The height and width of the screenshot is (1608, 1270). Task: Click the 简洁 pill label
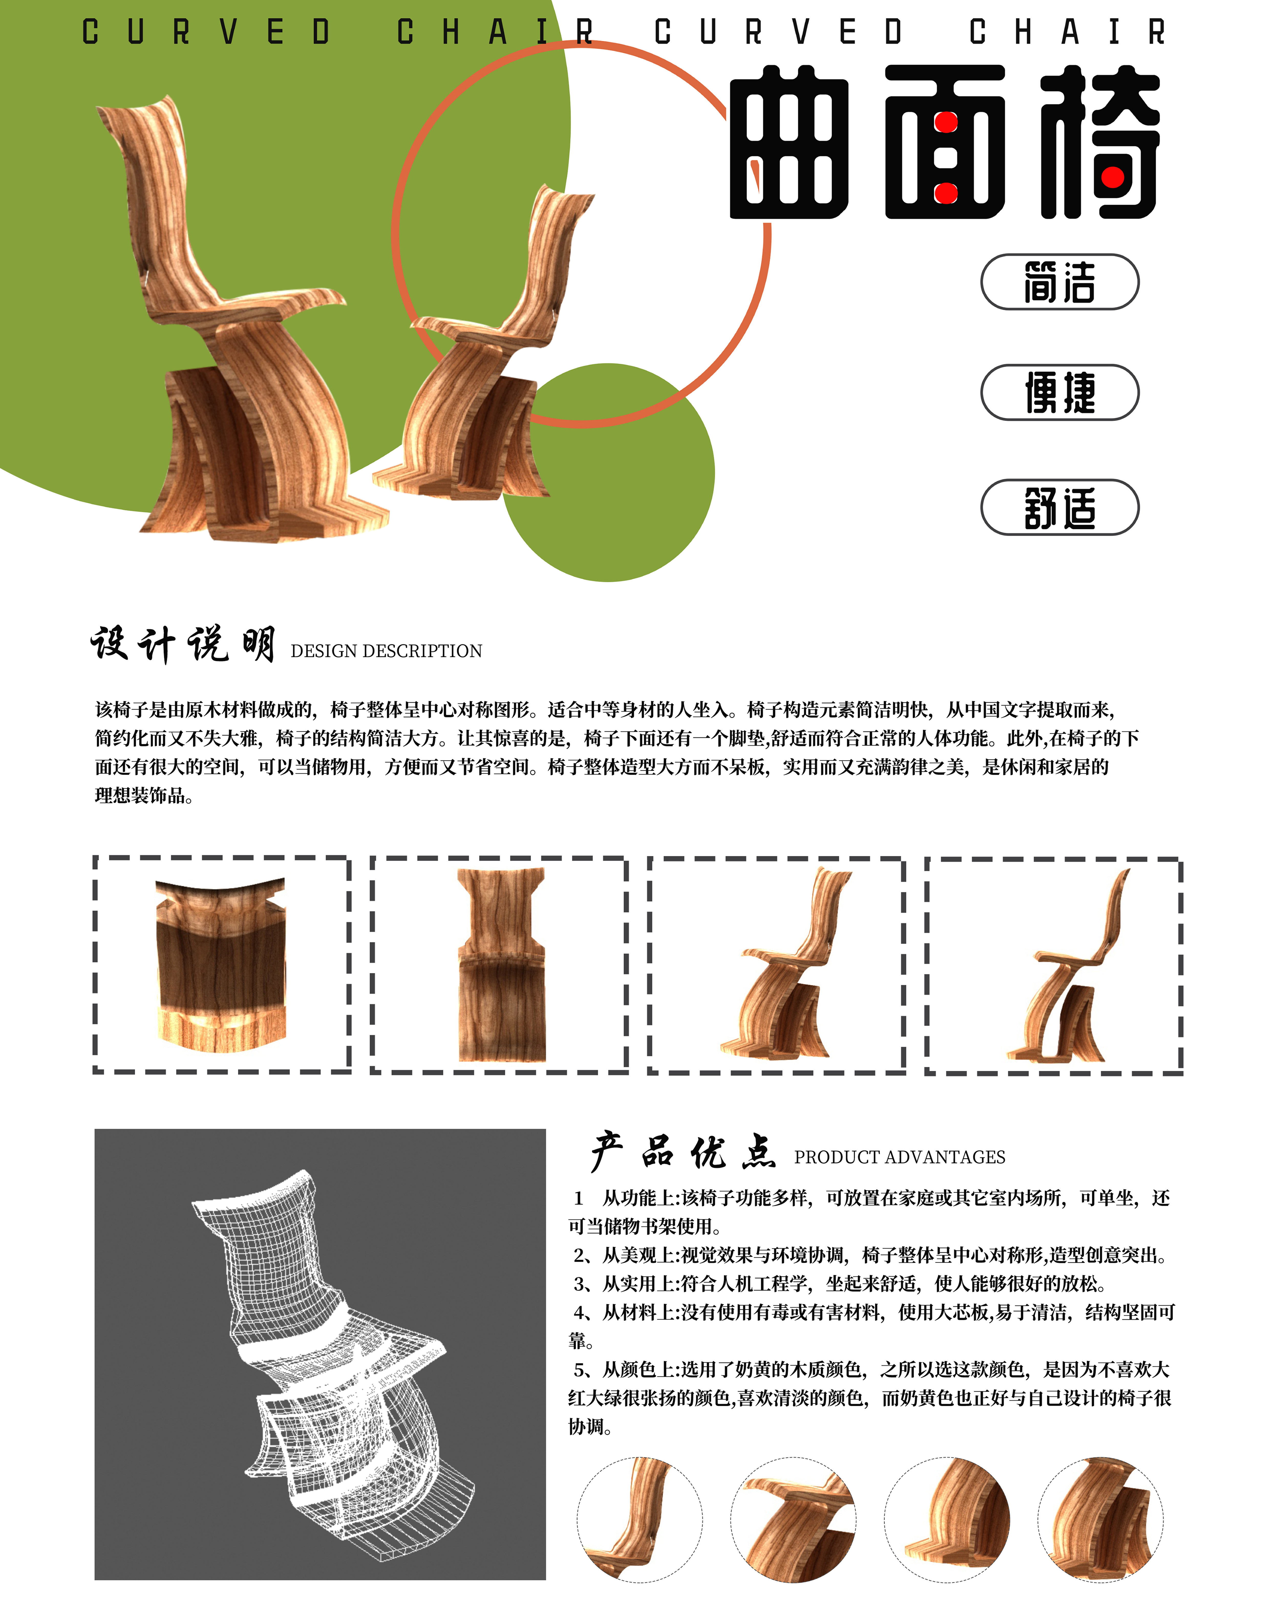[x=1060, y=282]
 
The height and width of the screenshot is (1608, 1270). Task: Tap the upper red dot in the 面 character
[x=946, y=123]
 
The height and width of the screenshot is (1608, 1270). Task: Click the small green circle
[x=608, y=473]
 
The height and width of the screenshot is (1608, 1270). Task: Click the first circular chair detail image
[x=639, y=1519]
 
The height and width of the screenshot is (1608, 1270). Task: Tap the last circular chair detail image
[x=1101, y=1519]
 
